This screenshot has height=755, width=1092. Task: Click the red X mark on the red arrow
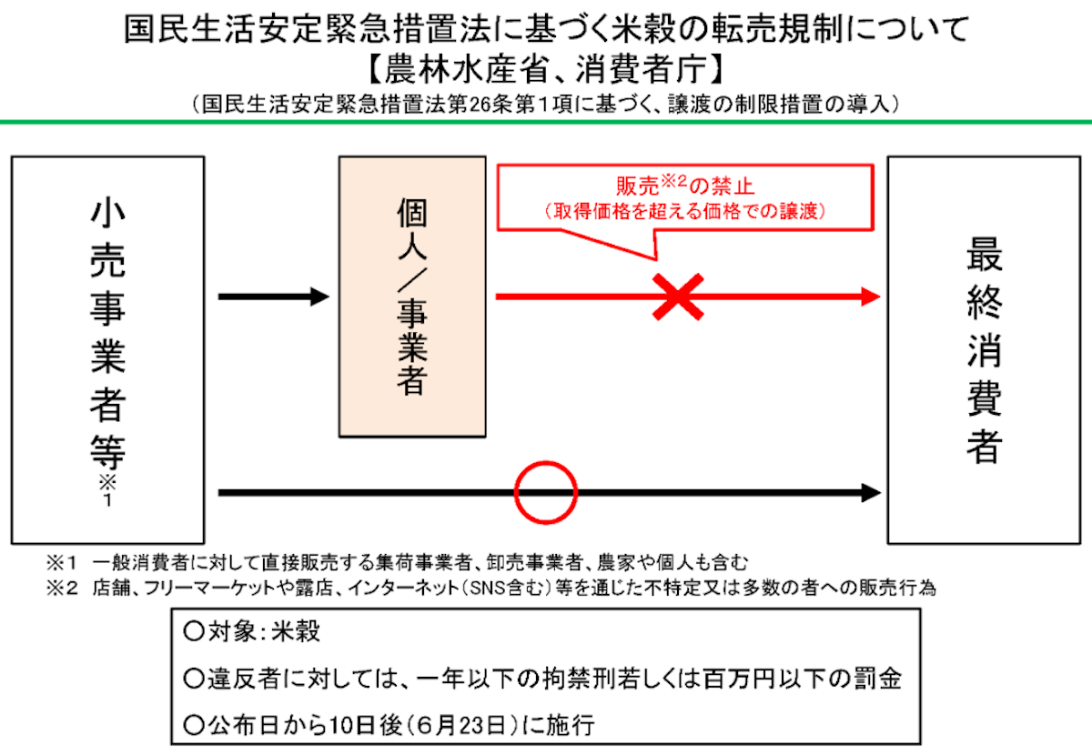pyautogui.click(x=678, y=297)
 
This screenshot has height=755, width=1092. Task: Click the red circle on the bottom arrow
pyautogui.click(x=546, y=463)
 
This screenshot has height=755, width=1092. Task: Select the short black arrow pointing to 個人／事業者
pyautogui.click(x=274, y=297)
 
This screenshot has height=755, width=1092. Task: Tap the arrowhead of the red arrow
pyautogui.click(x=871, y=297)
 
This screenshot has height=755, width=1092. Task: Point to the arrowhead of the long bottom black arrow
pyautogui.click(x=871, y=493)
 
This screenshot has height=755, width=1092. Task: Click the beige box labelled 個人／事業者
pyautogui.click(x=412, y=297)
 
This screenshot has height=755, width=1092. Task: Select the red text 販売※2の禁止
pyautogui.click(x=685, y=186)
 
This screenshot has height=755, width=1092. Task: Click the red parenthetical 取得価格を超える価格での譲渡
pyautogui.click(x=685, y=212)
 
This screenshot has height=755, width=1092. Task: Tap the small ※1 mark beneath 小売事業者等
pyautogui.click(x=107, y=491)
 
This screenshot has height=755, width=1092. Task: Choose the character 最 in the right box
pyautogui.click(x=985, y=255)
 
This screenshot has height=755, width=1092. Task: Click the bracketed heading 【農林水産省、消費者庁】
pyautogui.click(x=546, y=69)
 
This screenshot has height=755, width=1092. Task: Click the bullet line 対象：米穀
pyautogui.click(x=252, y=632)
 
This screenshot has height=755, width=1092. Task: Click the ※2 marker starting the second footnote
pyautogui.click(x=62, y=589)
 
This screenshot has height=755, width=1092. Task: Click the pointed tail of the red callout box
pyautogui.click(x=656, y=258)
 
